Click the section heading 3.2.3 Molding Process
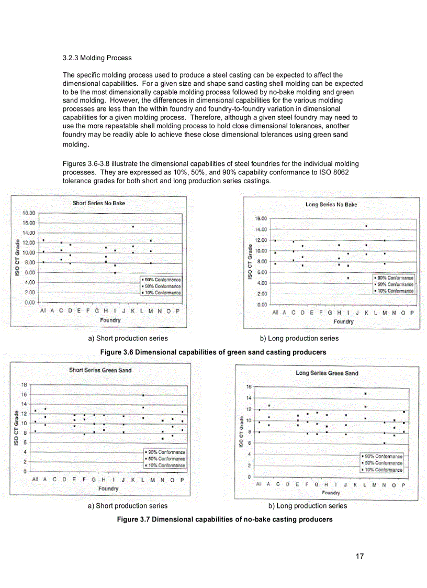97,58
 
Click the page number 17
359,557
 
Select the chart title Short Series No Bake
99,203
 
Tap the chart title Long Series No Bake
331,205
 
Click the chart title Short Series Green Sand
100,370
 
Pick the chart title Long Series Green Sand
327,373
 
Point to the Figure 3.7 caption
212,519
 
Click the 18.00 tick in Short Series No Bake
28,213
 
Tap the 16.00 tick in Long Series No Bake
260,218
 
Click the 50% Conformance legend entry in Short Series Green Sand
166,459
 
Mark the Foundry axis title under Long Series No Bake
344,321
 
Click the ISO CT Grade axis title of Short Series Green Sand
17,427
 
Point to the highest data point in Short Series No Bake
133,227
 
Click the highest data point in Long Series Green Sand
366,394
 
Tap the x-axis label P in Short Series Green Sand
182,479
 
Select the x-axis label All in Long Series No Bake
275,313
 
